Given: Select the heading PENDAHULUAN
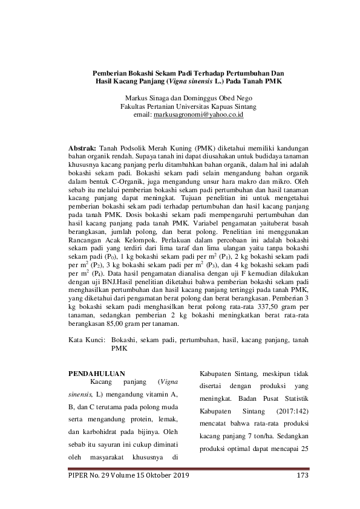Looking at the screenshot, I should click(97, 373).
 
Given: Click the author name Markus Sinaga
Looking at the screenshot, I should click(148, 97).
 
